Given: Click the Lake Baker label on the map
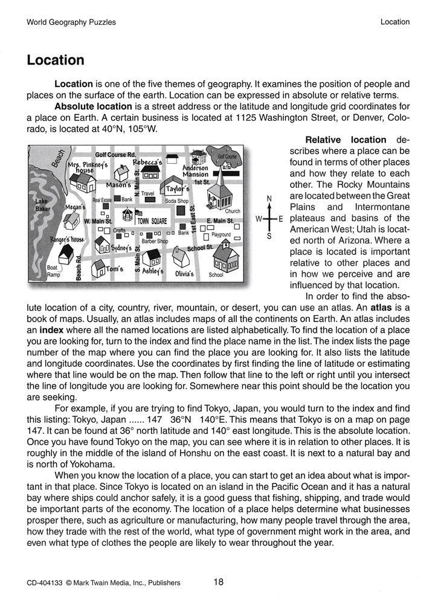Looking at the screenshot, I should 42,205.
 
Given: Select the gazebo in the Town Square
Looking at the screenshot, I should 127,217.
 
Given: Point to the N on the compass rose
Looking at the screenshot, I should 269,199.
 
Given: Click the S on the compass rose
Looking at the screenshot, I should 269,237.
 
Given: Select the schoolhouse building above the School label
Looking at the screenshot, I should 226,257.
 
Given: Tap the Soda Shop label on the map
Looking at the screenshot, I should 176,201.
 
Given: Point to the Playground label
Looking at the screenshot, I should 221,234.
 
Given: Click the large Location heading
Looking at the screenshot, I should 55,60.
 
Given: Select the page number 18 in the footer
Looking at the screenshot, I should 219,582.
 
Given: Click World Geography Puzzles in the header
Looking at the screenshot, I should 71,22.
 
